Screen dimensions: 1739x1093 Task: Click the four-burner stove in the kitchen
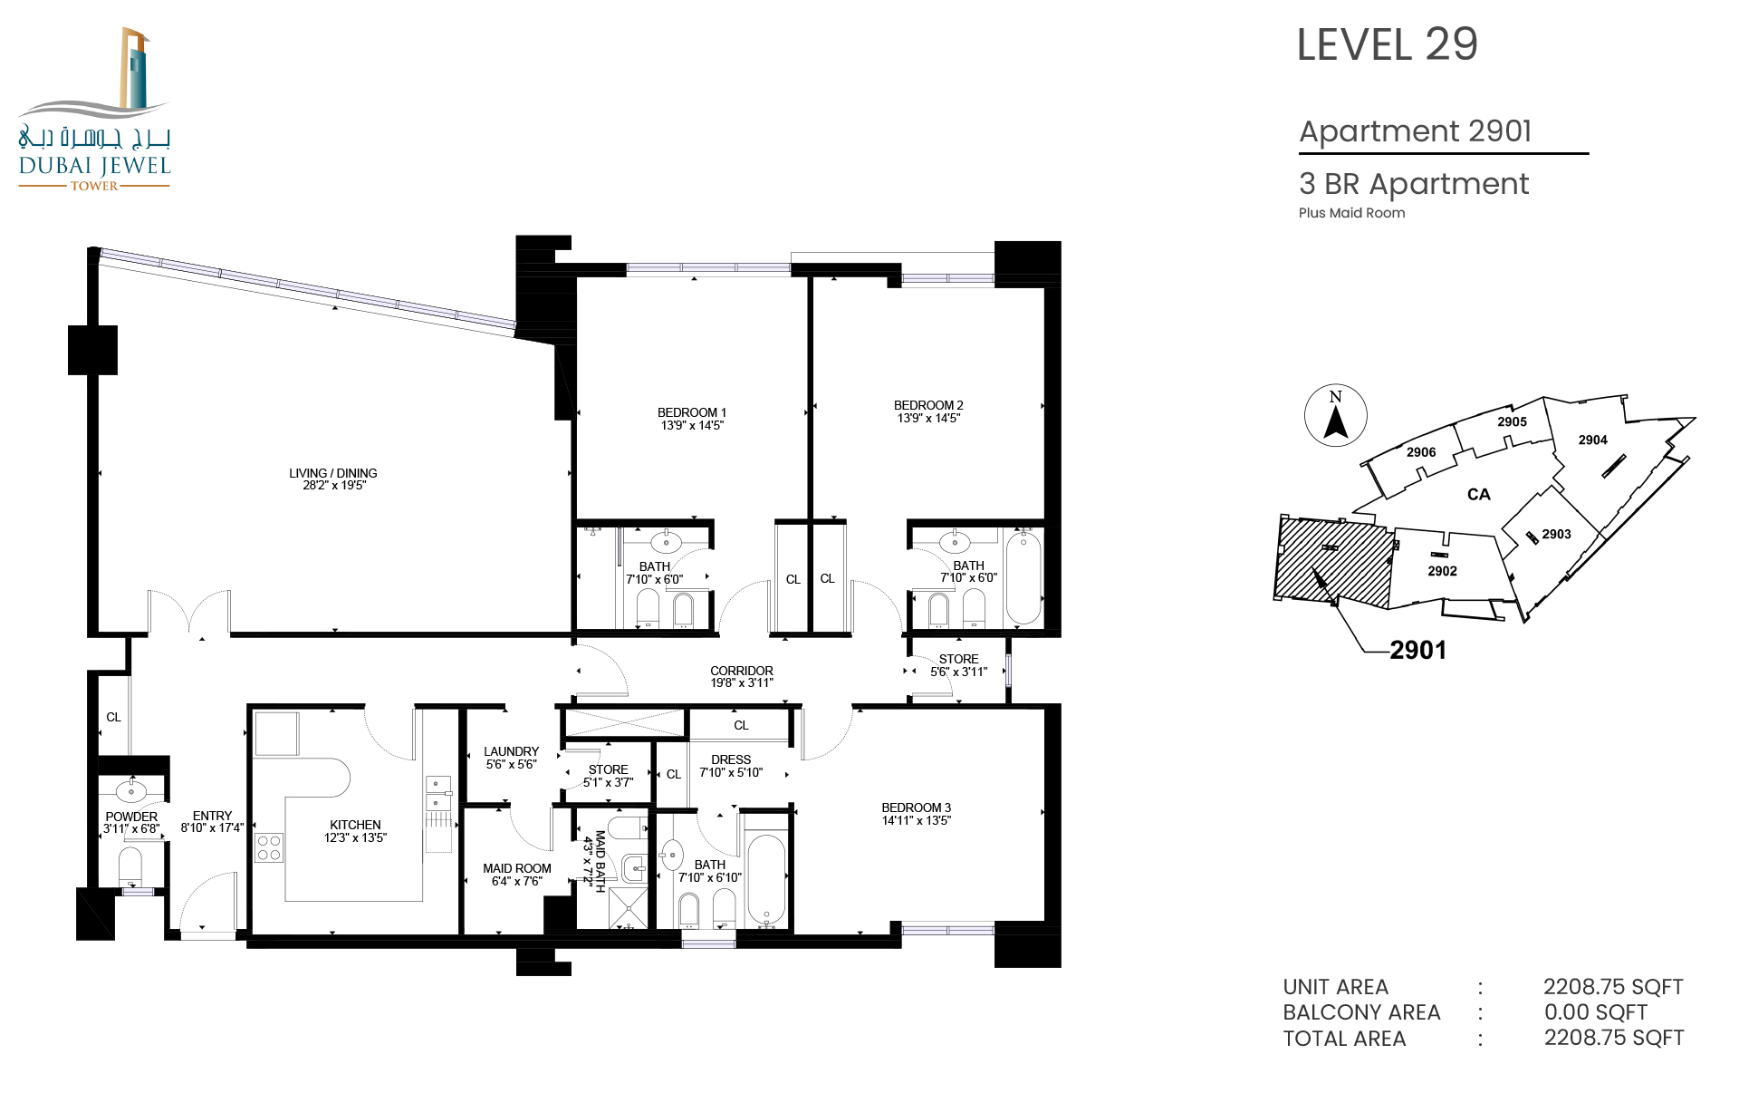click(269, 847)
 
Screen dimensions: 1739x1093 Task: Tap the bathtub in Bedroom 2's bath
click(1023, 577)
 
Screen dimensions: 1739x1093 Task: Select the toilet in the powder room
click(131, 866)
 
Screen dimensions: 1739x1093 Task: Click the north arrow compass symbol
click(1336, 415)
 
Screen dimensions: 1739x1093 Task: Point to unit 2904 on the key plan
click(1593, 440)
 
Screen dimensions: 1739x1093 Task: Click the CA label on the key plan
click(1479, 494)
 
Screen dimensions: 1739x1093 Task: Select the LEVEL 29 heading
click(1388, 44)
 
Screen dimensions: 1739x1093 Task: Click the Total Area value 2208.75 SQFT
click(1614, 1038)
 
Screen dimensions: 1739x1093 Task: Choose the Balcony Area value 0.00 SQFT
click(1596, 1012)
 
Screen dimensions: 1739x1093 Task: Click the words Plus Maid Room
click(1352, 213)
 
